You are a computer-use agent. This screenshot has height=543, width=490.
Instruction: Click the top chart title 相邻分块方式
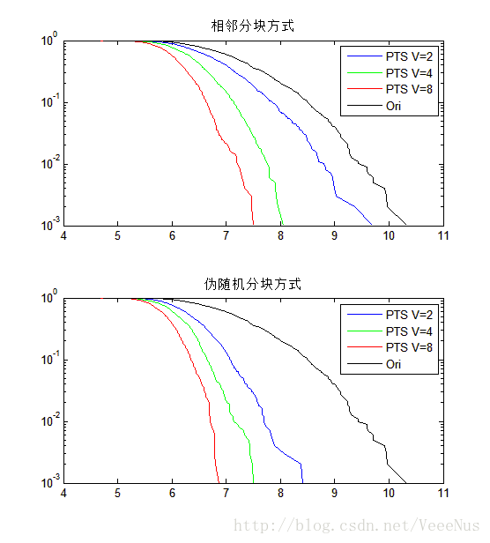253,26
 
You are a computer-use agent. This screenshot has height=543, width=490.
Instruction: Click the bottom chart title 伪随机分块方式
253,284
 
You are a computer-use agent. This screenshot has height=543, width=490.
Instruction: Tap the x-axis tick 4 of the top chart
63,235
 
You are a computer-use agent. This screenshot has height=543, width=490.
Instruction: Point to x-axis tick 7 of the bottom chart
226,494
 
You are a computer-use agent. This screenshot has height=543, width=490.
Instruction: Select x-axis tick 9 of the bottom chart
335,494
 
